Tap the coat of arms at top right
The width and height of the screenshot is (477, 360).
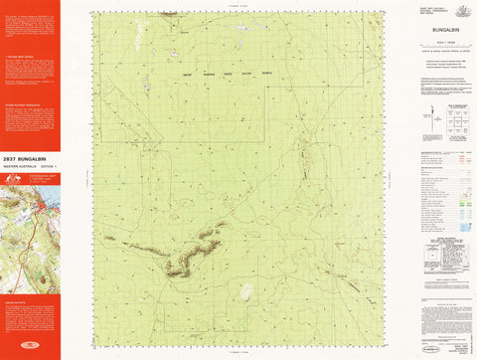461,11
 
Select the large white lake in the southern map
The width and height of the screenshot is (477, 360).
245,290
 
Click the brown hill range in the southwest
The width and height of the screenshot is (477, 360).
189,251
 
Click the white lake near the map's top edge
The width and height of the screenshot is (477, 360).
238,28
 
